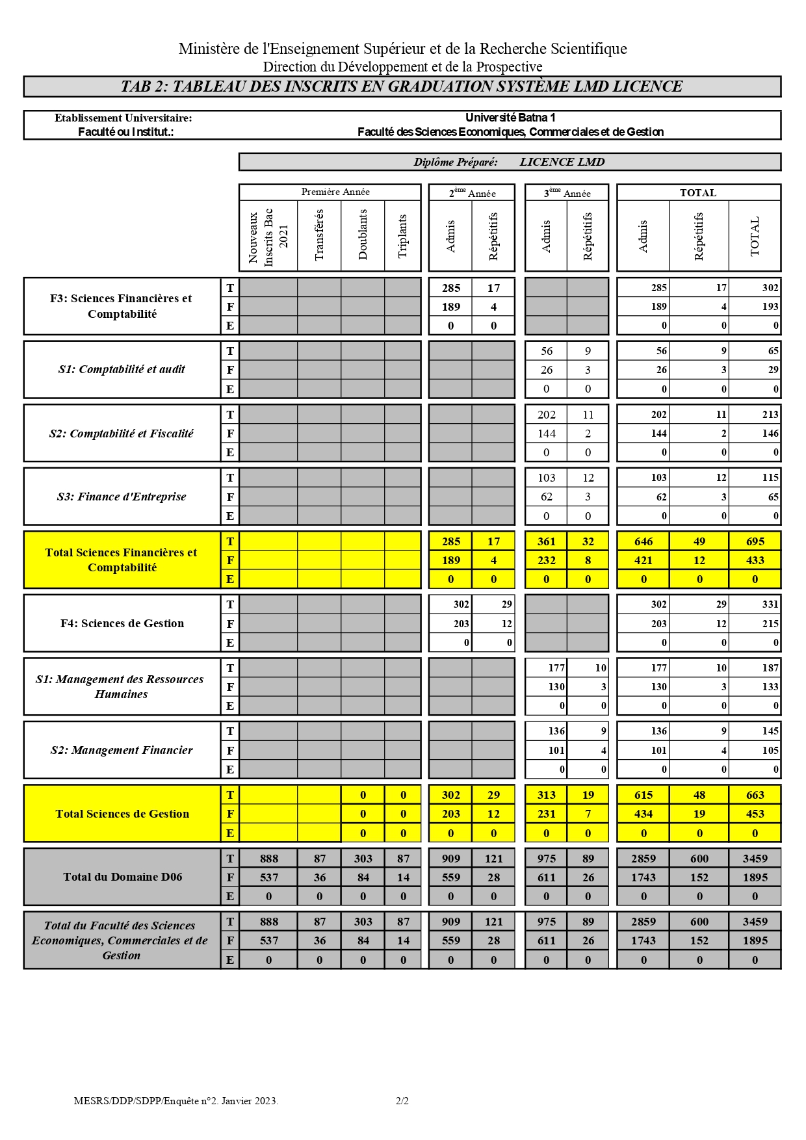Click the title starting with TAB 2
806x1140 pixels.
[402, 86]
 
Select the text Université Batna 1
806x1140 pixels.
[510, 118]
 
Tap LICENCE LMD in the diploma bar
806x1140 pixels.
[562, 162]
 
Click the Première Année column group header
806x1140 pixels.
[335, 192]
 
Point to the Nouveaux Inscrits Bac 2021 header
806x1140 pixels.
[268, 237]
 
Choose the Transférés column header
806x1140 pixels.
[319, 235]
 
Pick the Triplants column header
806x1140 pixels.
[402, 236]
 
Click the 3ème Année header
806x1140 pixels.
[567, 193]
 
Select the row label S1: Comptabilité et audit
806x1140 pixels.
[122, 369]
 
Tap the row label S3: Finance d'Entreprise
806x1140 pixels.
[122, 497]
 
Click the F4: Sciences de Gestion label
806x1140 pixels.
[122, 623]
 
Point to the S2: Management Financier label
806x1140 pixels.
[122, 750]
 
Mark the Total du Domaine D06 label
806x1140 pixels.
[122, 877]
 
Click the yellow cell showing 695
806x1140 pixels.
[755, 541]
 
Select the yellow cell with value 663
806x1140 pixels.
[755, 795]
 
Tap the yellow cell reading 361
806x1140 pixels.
[546, 541]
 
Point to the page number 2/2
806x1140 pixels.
[402, 1101]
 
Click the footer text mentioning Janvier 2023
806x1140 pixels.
[176, 1101]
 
